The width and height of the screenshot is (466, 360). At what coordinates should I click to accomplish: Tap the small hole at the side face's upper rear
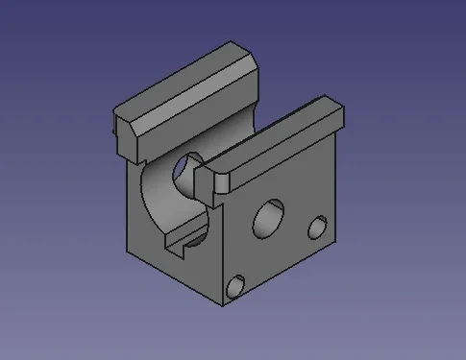click(317, 228)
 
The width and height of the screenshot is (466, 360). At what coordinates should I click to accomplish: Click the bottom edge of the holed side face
click(283, 272)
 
